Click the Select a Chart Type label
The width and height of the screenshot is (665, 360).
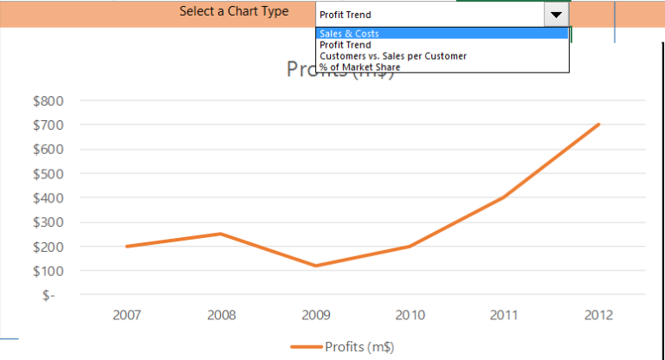tap(234, 11)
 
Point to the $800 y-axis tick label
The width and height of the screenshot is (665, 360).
tap(48, 100)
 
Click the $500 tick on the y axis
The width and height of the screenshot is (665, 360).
tap(48, 173)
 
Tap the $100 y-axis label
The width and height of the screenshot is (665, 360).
tap(48, 271)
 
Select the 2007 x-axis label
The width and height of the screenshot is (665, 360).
tap(126, 315)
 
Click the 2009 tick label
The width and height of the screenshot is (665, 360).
tap(315, 315)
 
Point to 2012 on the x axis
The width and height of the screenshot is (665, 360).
tap(598, 315)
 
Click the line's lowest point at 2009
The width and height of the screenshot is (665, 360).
tap(315, 266)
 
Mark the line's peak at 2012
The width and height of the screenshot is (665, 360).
tap(598, 125)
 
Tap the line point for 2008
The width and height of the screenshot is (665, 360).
tap(221, 234)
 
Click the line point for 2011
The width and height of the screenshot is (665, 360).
tap(504, 197)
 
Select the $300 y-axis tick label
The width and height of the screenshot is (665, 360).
tap(48, 222)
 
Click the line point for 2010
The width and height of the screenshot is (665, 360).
tap(410, 247)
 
